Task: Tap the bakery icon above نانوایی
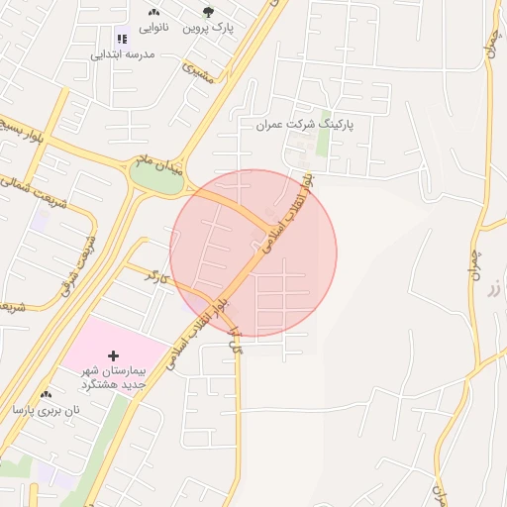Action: coord(154,12)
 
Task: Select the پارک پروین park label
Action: coord(208,28)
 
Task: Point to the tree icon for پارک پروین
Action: coord(208,12)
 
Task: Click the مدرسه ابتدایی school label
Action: coord(123,54)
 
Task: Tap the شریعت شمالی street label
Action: coord(30,189)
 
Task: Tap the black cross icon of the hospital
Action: coord(113,355)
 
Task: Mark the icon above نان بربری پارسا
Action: coord(47,394)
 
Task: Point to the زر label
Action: coord(493,288)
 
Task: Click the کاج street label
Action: coord(236,343)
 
